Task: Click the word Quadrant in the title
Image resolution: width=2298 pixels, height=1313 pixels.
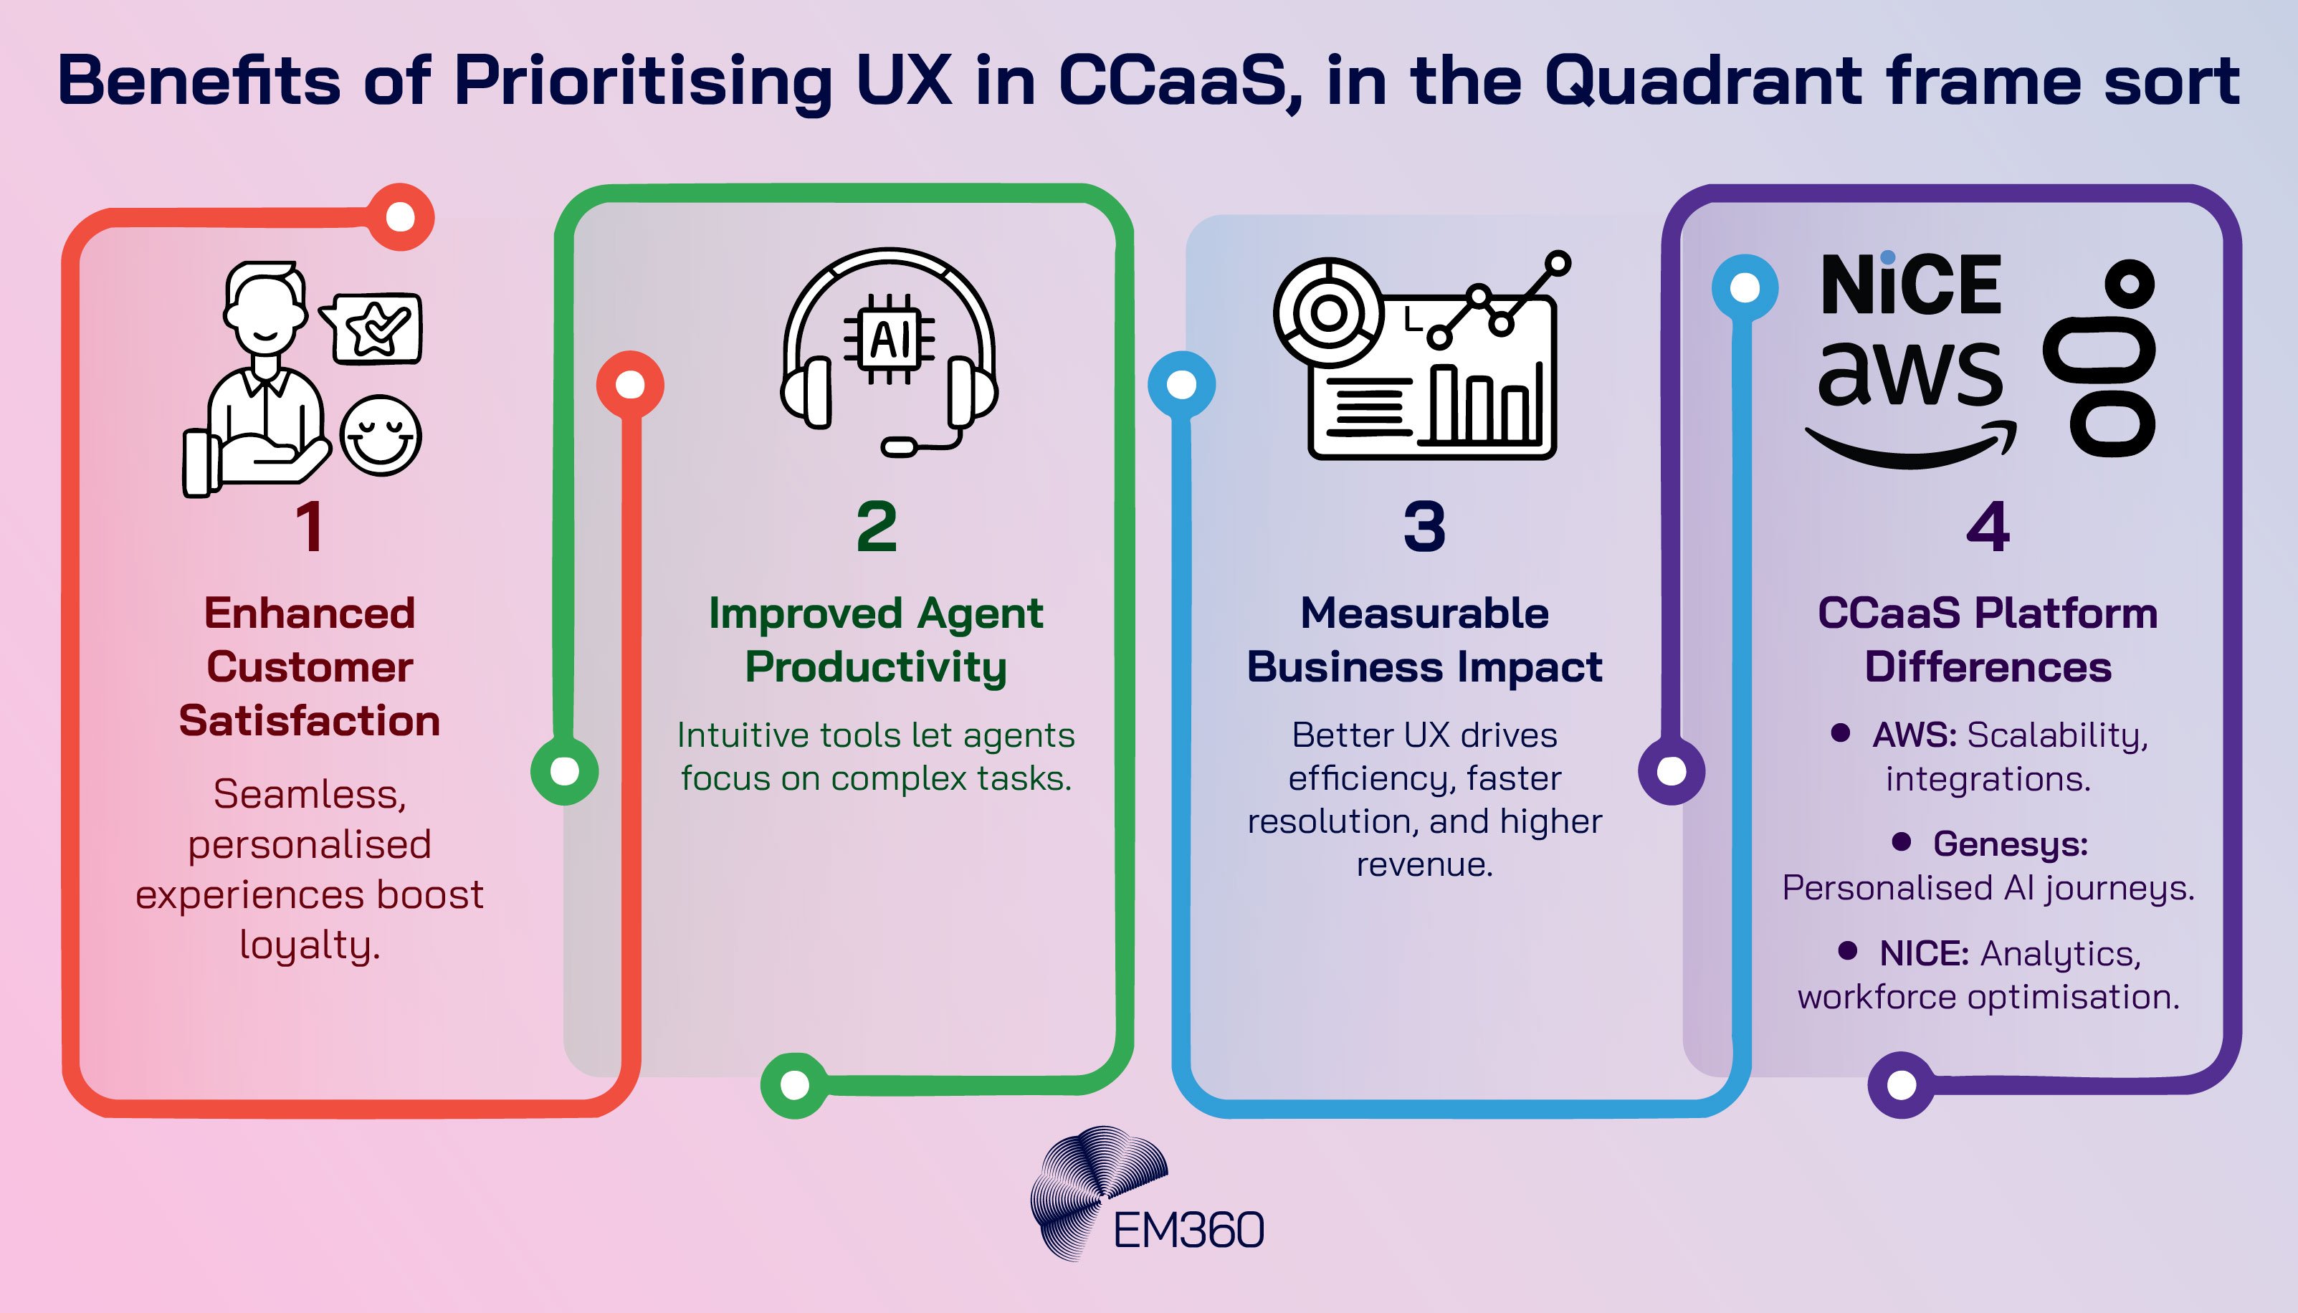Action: click(1703, 81)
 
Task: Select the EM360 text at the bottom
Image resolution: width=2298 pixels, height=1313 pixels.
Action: click(1188, 1230)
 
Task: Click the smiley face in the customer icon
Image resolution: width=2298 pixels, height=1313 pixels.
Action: click(381, 436)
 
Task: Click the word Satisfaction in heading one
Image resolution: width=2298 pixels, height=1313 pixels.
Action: click(310, 720)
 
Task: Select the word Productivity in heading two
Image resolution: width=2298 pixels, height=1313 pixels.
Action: click(876, 667)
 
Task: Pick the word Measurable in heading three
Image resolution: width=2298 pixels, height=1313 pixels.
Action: click(1424, 613)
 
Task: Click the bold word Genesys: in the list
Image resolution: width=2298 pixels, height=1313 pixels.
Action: click(2011, 844)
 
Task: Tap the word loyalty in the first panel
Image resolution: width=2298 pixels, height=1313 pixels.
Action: click(310, 946)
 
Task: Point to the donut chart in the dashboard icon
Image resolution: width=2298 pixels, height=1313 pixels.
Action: click(1327, 314)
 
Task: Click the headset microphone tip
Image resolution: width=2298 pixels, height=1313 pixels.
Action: click(898, 447)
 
